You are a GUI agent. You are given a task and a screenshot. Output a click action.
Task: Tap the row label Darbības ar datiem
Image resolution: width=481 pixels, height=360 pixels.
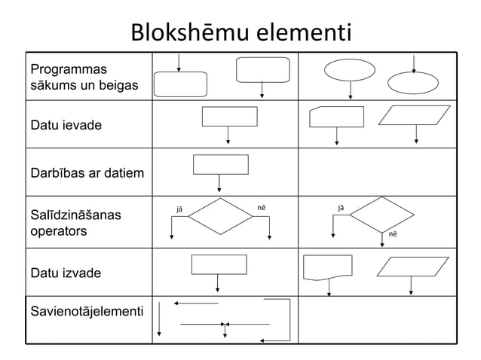(x=87, y=174)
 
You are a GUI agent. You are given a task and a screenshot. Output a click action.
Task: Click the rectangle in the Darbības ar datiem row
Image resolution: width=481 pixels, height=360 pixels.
(x=220, y=163)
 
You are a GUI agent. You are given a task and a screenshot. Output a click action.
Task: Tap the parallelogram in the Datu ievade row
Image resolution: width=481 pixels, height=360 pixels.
(x=416, y=115)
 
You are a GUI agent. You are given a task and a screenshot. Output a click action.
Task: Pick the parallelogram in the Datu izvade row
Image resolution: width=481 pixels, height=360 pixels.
(x=412, y=267)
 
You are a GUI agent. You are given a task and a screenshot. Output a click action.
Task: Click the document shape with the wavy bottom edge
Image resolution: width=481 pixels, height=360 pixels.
(x=327, y=267)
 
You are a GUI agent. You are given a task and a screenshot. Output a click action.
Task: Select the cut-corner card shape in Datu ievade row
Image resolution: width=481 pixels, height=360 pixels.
(x=336, y=117)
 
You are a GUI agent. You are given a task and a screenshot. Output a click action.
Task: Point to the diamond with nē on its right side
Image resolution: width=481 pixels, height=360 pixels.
(x=221, y=217)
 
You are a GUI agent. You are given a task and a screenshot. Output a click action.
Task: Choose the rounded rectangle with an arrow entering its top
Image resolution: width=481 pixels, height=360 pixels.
(x=180, y=84)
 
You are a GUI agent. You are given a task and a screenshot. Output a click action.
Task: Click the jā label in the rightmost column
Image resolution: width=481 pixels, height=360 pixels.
(x=342, y=206)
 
